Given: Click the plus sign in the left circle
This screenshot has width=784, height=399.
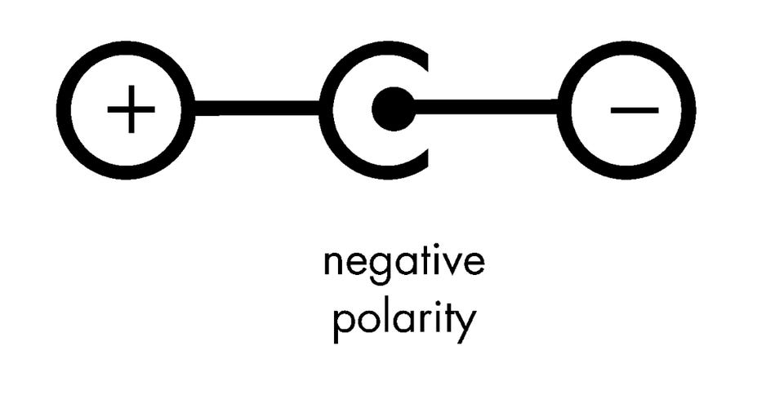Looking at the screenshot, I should (131, 109).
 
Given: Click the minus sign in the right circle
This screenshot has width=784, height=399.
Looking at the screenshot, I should (634, 109).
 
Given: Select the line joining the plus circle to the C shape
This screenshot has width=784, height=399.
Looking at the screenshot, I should (257, 108).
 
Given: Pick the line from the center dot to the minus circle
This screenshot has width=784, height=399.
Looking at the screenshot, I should (486, 107).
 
